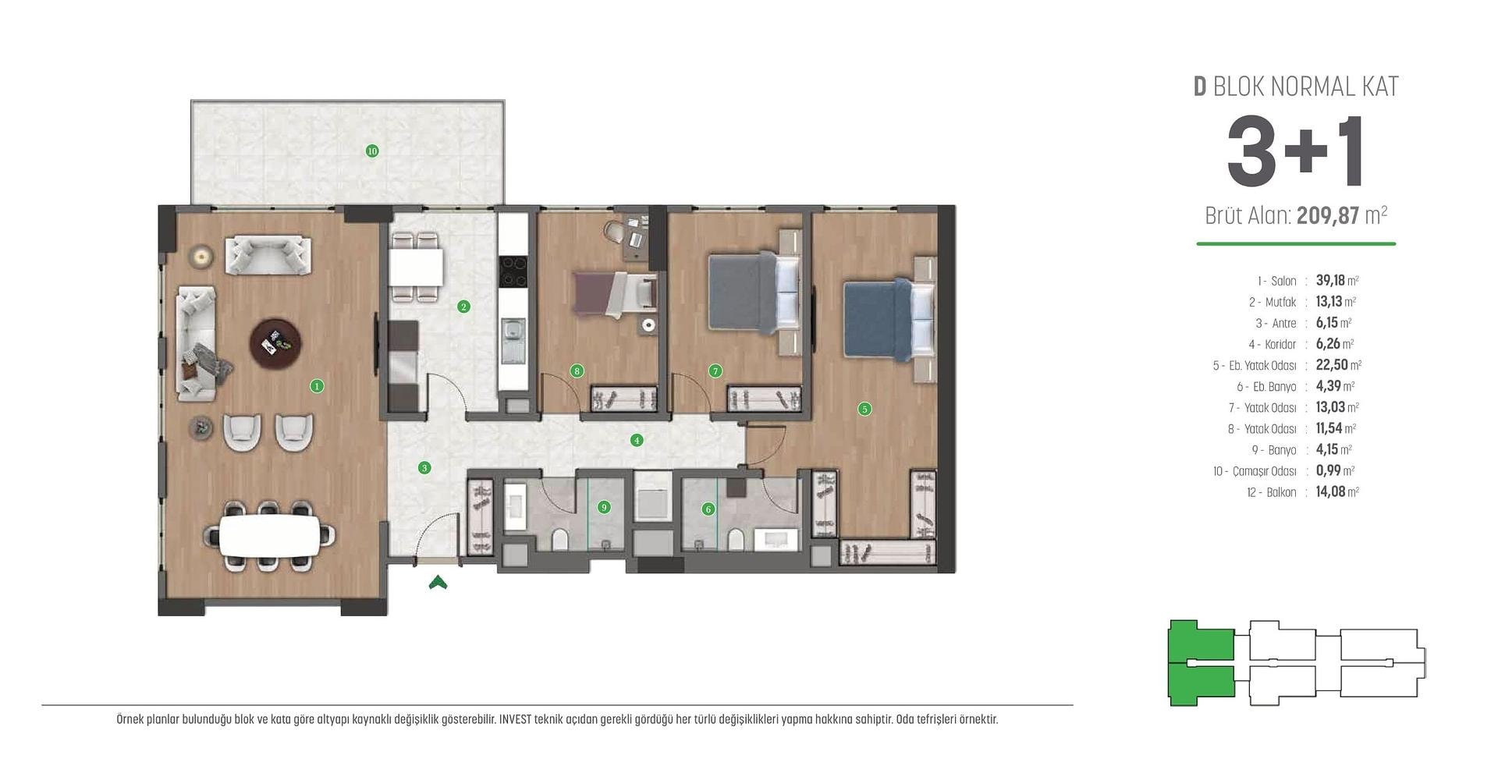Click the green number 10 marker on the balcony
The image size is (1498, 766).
(372, 151)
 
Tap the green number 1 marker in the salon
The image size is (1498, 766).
(317, 385)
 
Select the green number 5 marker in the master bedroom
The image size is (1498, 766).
(864, 409)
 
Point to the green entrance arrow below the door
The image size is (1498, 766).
(438, 582)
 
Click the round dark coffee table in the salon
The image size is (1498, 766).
(275, 342)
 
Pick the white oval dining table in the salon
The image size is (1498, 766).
(269, 535)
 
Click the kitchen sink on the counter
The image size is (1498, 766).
(513, 341)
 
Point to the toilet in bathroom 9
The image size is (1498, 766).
(559, 539)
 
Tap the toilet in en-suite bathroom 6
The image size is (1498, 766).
(735, 539)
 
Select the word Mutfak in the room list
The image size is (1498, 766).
(1280, 302)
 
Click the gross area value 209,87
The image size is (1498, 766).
(1328, 215)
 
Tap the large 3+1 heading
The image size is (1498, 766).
(1295, 151)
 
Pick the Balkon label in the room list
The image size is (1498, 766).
(1282, 492)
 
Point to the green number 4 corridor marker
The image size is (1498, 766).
(637, 440)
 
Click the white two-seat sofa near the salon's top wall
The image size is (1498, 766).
(268, 254)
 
